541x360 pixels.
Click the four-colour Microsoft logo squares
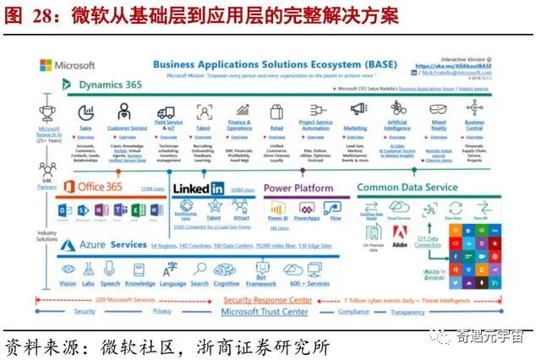(x=45, y=65)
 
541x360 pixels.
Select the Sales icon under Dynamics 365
(x=85, y=112)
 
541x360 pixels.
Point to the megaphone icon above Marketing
(x=358, y=109)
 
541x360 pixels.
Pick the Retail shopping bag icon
(x=276, y=112)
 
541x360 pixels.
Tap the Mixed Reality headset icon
(x=438, y=111)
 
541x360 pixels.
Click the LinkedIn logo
(x=198, y=188)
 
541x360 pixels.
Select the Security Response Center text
(x=266, y=300)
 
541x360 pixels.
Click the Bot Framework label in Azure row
(x=261, y=283)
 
